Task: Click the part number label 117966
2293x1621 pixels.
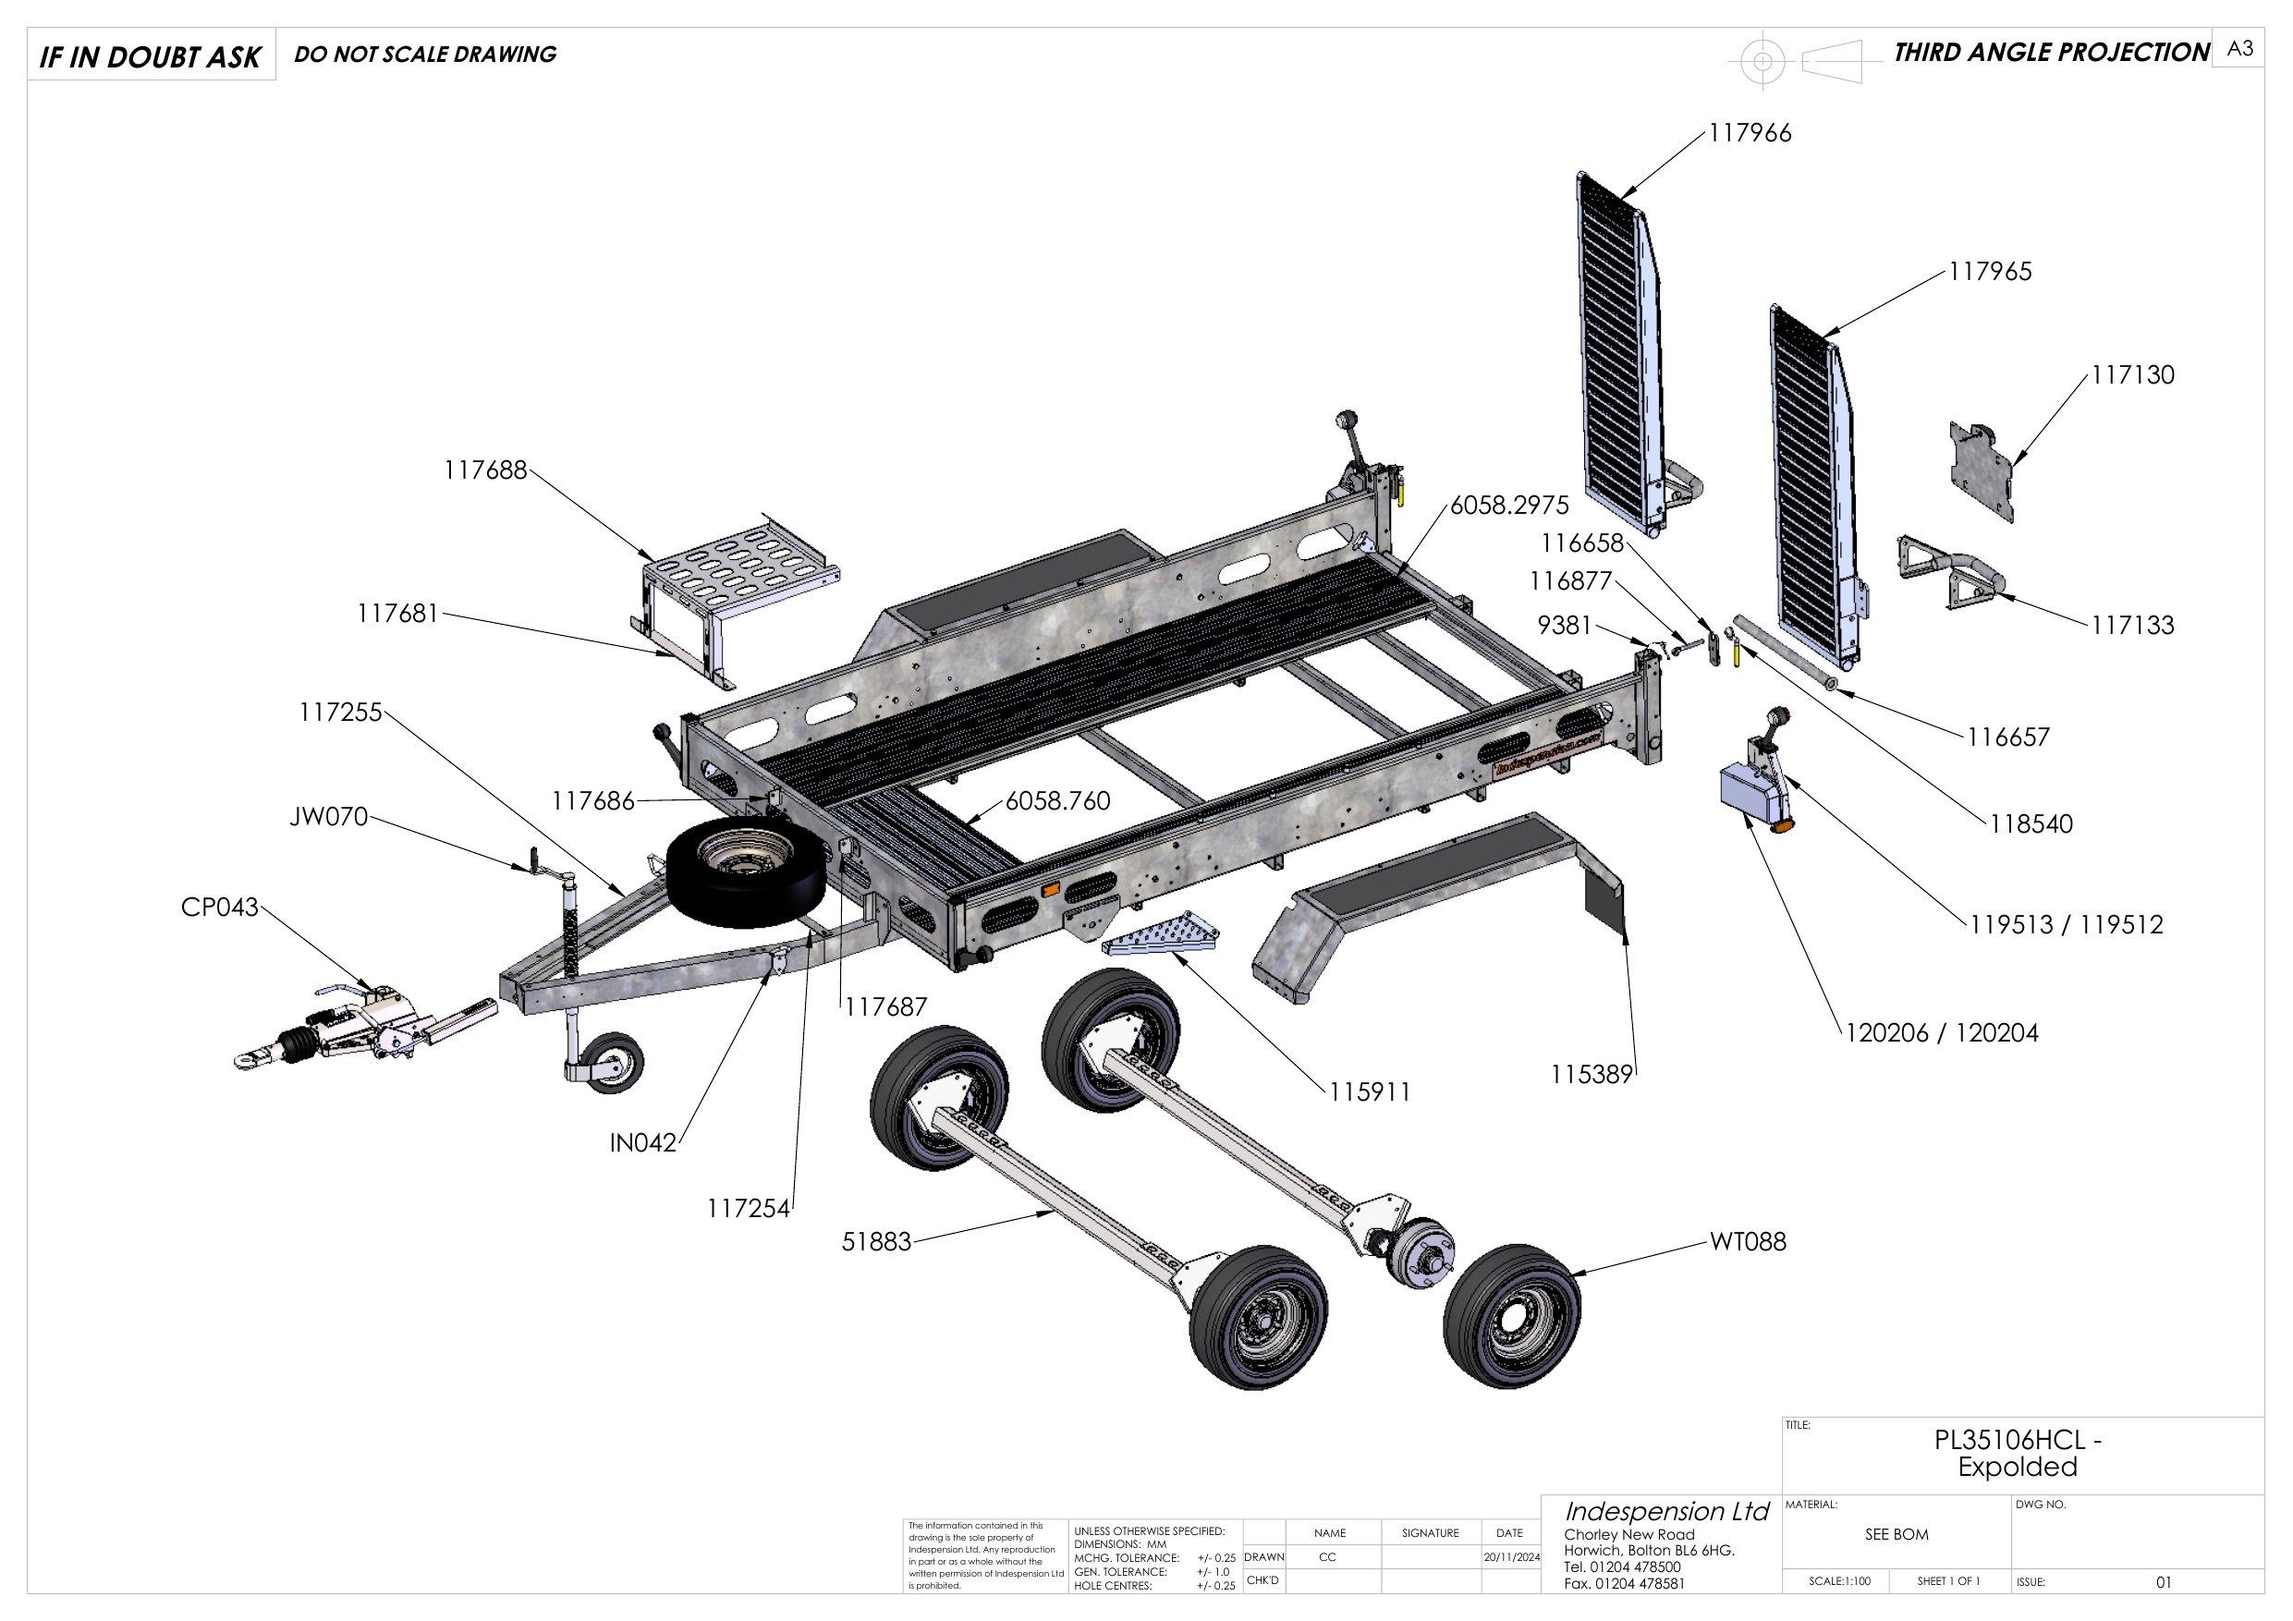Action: click(1750, 133)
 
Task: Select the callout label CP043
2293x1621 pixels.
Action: click(219, 907)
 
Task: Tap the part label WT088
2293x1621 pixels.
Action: click(1748, 1241)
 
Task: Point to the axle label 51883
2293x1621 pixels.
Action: click(876, 1241)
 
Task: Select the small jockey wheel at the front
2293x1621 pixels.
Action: click(615, 1065)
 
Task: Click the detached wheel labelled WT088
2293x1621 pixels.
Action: click(1513, 1315)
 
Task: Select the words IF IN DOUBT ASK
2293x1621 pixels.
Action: click(150, 57)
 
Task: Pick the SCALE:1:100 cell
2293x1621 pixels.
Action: click(1839, 1609)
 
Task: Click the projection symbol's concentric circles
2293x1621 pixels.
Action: click(1763, 62)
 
